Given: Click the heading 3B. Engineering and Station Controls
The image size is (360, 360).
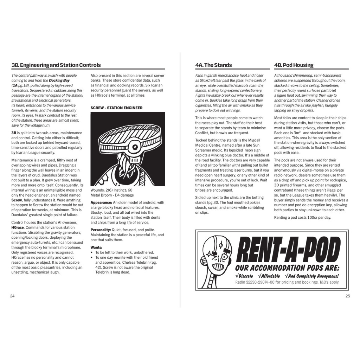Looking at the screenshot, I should (56, 65).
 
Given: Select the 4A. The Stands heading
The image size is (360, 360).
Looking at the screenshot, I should (213, 65).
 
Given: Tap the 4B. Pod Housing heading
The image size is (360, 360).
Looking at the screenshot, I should (294, 65).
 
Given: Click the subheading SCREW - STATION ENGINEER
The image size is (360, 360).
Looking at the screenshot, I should (116, 108).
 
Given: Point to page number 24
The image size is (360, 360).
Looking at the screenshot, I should (12, 296).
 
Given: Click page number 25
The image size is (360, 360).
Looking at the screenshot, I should (348, 296).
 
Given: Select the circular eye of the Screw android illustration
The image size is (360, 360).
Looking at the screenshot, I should (135, 147).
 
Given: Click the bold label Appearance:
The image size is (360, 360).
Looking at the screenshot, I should (102, 202).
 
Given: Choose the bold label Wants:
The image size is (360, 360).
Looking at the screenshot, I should (96, 247).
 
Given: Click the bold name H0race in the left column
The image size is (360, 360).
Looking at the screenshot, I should (18, 227).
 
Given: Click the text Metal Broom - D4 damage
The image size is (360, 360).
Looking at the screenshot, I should (112, 195).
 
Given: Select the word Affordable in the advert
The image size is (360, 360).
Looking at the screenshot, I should (271, 276).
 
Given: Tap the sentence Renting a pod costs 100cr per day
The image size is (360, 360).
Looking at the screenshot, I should (302, 217).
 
